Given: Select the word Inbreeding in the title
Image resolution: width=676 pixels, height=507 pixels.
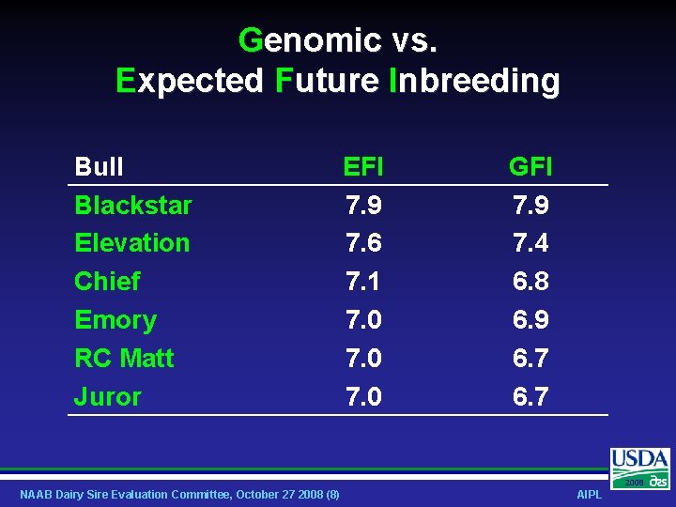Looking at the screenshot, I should (474, 81).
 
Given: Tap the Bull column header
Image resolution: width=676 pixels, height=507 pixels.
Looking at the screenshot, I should (99, 167).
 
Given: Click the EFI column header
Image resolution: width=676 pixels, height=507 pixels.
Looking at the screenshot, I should (363, 167).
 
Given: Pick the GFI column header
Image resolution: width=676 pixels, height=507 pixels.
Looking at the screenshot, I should (530, 167).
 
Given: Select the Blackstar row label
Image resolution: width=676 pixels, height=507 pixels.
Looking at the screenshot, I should (132, 205).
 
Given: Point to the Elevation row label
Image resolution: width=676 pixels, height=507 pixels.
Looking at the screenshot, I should (131, 243).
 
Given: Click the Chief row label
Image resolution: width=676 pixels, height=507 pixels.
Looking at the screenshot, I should (107, 282).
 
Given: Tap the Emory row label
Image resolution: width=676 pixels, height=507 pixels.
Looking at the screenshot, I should (115, 320).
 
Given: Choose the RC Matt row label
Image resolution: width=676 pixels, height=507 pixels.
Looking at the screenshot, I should (124, 359).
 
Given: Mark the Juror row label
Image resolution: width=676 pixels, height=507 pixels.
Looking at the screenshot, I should (107, 397).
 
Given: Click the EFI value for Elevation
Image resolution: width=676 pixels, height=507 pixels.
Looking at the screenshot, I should (363, 243).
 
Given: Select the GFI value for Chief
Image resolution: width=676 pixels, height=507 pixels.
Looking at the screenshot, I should (530, 282).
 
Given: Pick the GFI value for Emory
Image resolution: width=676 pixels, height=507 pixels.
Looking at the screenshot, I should (530, 320).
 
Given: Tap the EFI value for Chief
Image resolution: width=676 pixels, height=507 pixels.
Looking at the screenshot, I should (363, 282).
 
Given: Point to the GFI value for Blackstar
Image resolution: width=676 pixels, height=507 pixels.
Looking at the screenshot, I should (530, 205).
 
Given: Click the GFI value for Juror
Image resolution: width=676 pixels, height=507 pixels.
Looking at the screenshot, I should (530, 397).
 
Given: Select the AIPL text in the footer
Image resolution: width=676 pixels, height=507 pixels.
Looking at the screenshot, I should (589, 495).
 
